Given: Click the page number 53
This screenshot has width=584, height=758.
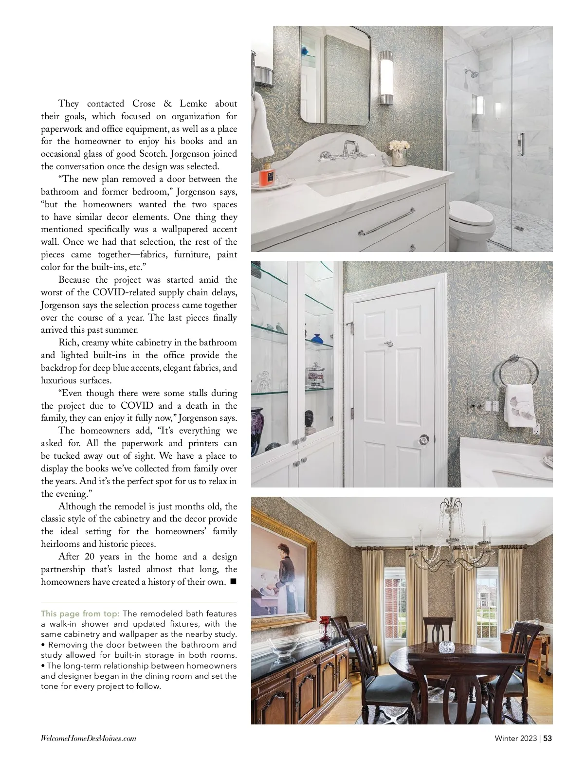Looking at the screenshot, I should coord(547,738).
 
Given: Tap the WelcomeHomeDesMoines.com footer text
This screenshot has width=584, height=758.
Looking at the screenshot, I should coord(88,739).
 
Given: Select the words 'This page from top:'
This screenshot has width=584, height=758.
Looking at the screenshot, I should coord(81,614).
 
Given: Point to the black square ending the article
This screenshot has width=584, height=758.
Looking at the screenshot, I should coord(233,581).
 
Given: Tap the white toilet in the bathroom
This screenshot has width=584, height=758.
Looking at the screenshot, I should coord(470,221).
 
